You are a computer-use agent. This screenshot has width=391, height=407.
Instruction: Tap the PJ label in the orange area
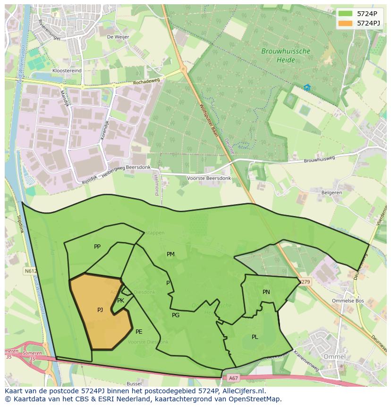(x=100, y=310)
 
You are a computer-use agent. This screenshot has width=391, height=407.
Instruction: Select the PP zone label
(x=97, y=247)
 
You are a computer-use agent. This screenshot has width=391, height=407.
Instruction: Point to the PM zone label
(x=170, y=254)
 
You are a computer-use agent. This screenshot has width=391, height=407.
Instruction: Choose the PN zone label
(x=266, y=292)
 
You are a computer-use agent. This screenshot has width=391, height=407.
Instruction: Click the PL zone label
(x=255, y=337)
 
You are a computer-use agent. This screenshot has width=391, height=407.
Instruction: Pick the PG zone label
(x=176, y=315)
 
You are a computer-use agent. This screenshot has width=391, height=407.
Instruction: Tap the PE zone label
(x=139, y=332)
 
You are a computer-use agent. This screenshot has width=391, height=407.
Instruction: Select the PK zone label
(x=120, y=301)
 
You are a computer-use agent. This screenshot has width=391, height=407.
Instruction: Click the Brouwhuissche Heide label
(x=286, y=55)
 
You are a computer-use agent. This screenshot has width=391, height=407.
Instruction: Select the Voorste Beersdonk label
(x=209, y=178)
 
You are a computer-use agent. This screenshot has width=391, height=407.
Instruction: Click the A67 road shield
(x=233, y=378)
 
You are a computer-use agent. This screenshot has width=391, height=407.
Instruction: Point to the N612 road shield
(x=29, y=271)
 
